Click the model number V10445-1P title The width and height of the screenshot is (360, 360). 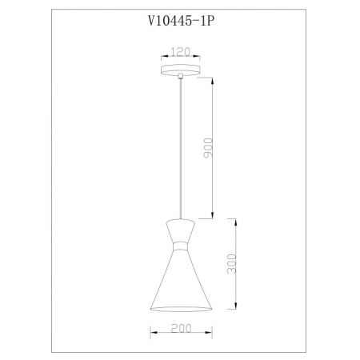(181, 21)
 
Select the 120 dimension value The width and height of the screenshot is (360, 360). (180, 52)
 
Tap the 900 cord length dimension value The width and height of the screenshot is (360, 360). (208, 148)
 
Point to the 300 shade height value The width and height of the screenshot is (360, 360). (231, 264)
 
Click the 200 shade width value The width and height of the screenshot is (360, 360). (181, 328)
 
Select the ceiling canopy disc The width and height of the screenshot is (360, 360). (181, 70)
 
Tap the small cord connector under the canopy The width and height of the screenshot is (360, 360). (181, 76)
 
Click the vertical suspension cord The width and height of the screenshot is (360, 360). (181, 149)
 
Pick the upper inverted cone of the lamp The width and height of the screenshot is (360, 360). (181, 230)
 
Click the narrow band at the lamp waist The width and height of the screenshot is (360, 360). (181, 246)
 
